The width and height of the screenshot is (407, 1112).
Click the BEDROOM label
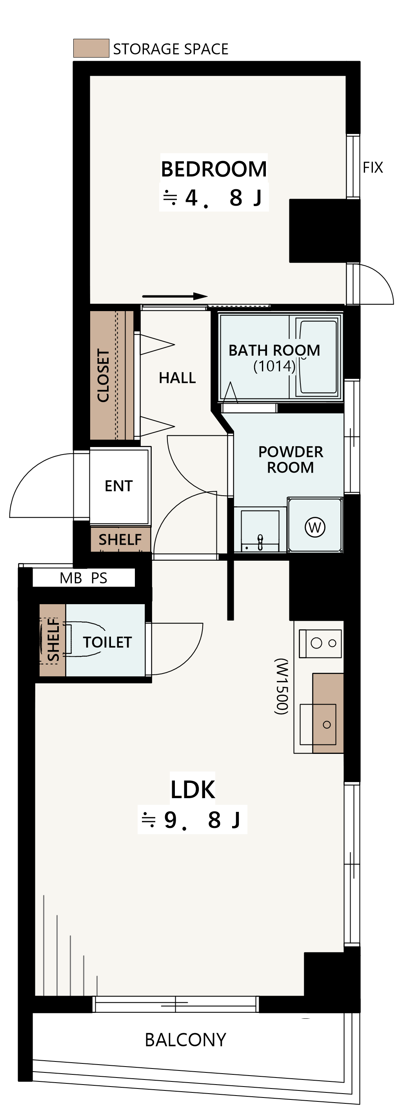point(214,169)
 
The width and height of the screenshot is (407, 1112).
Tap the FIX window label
point(373,167)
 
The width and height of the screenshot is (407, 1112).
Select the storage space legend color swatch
point(91,48)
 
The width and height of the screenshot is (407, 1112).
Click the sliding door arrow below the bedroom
point(175,296)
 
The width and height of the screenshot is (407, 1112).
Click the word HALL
point(177,378)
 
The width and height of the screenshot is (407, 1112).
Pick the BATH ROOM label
point(274,350)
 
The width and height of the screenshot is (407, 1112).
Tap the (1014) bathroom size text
point(274,366)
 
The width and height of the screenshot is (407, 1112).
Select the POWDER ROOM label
point(290,460)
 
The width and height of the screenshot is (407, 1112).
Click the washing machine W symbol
point(315,527)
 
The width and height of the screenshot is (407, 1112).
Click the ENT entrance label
point(118,486)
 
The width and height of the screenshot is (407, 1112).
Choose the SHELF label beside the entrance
point(120,540)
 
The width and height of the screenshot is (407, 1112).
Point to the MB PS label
point(84,578)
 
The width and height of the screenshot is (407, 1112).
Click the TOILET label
point(107,642)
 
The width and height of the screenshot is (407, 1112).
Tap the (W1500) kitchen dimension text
point(281,686)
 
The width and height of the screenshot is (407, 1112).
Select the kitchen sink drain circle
point(327,725)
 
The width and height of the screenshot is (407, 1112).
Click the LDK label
point(193,790)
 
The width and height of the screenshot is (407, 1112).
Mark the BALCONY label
point(185,1040)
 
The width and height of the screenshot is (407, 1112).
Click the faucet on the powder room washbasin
point(260,542)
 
